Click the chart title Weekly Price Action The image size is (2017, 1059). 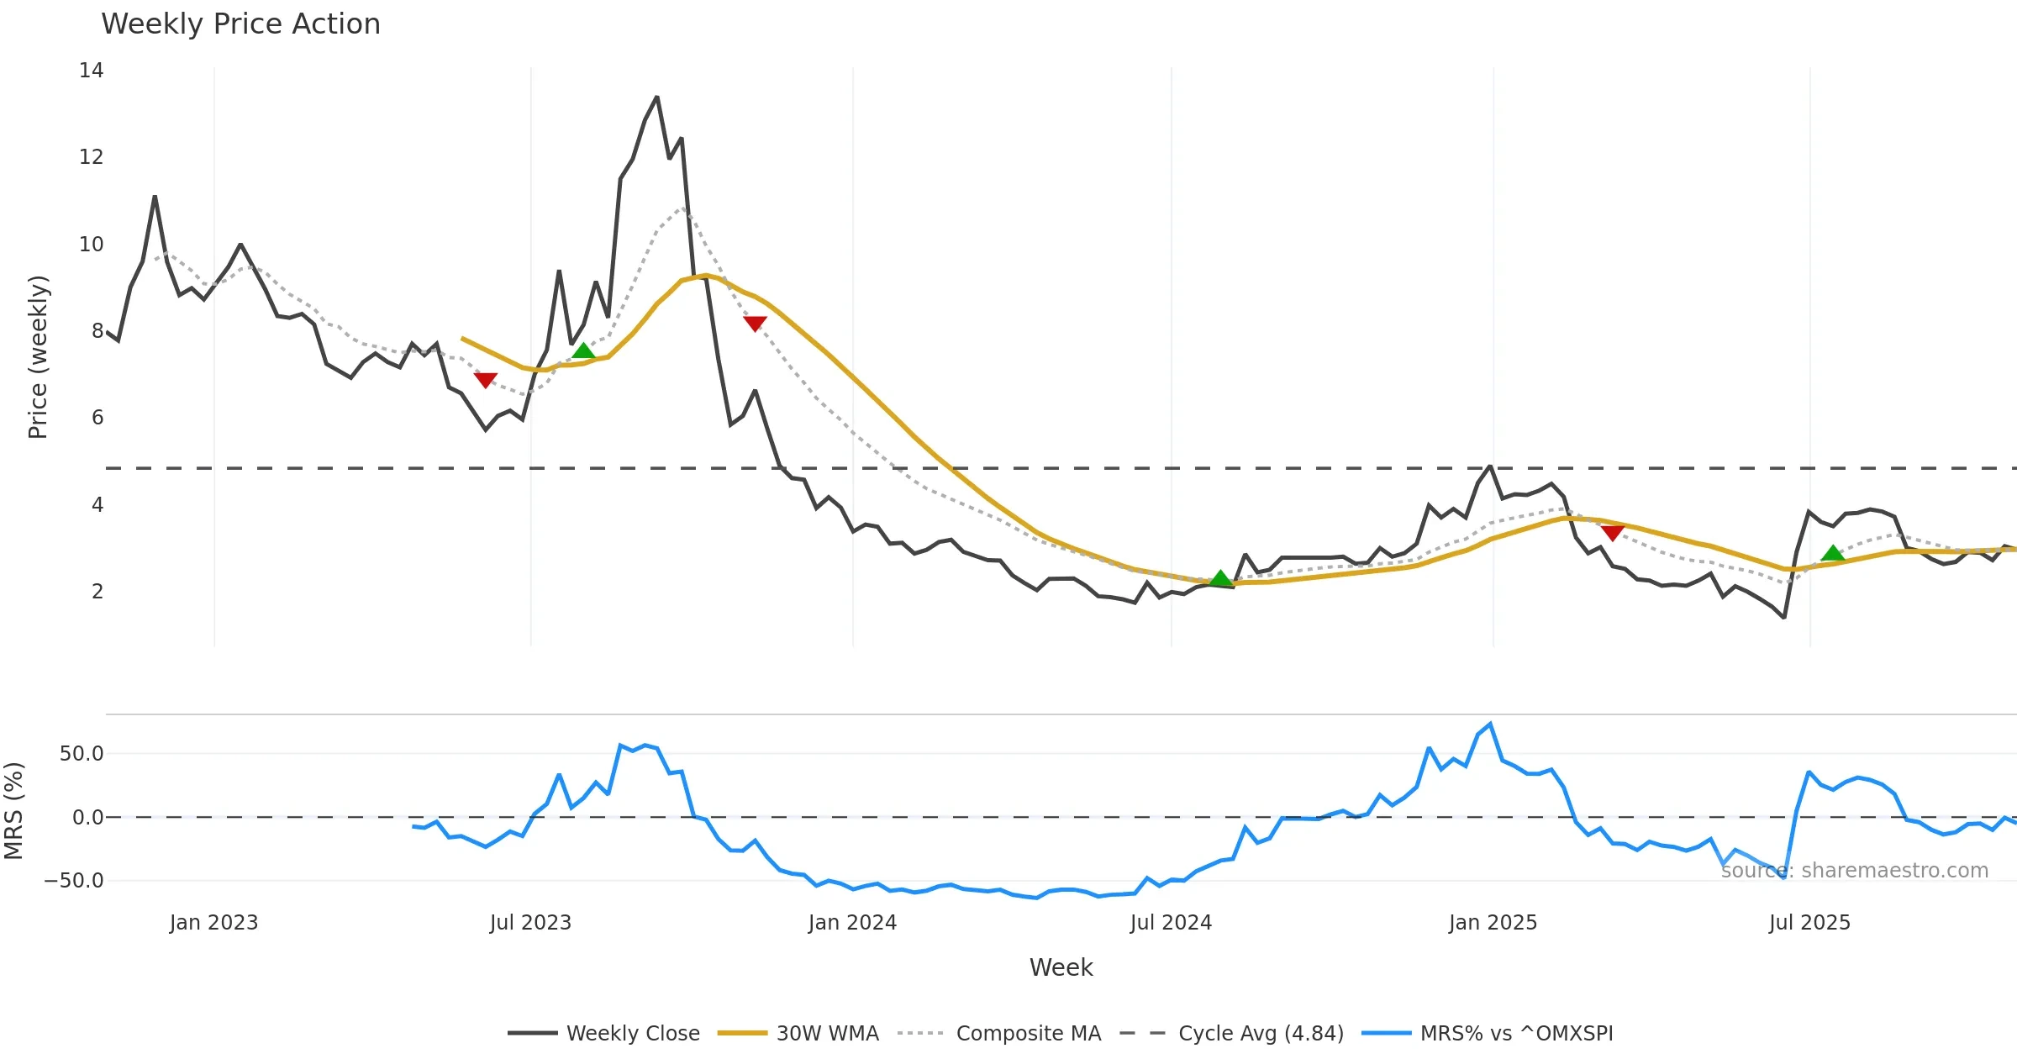click(240, 24)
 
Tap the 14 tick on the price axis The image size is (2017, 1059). click(91, 71)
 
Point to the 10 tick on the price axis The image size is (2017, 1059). click(91, 245)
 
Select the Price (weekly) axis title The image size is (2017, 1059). click(38, 357)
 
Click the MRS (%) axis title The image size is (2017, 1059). click(14, 810)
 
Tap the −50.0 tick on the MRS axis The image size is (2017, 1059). click(74, 881)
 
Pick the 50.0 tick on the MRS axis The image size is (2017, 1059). click(82, 754)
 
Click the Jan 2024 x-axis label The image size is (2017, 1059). click(852, 923)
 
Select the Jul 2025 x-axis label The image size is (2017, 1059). click(1809, 923)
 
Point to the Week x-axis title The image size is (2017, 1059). click(1061, 968)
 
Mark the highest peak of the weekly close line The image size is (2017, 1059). click(656, 97)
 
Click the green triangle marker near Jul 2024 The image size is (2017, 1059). click(1221, 578)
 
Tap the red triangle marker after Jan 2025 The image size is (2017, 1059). click(1612, 532)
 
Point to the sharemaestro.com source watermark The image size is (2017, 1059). click(1854, 871)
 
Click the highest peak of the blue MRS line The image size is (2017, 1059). click(1490, 724)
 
